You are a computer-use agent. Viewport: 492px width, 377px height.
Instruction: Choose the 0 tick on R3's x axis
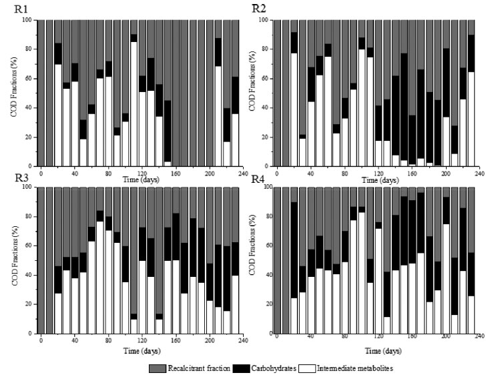[41, 341]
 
